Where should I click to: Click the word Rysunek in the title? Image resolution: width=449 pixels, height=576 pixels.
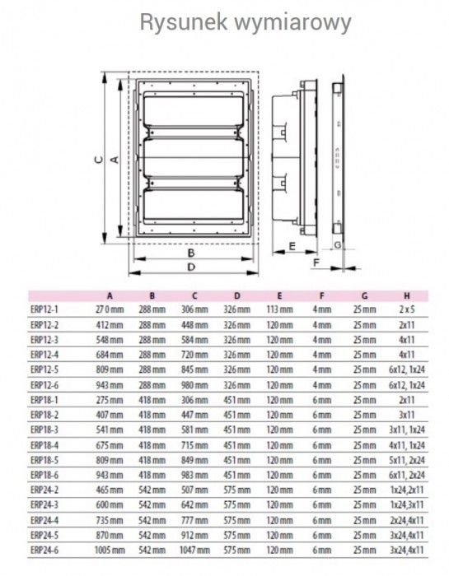coord(184,23)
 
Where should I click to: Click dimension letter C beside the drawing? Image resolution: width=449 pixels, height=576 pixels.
coord(99,160)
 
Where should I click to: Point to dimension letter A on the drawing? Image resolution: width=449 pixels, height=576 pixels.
coord(115,160)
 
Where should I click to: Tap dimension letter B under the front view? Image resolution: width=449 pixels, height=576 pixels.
coord(191,253)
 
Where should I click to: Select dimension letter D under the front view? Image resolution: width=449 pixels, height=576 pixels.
coord(191,267)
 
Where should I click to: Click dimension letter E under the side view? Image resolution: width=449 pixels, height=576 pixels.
coord(292,246)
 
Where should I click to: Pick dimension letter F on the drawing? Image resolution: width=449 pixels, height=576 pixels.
coord(316,262)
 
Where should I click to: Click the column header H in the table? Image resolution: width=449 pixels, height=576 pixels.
coord(407,295)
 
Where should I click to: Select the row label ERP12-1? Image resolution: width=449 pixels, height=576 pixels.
coord(44,309)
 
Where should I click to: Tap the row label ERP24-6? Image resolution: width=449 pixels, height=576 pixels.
coord(44,550)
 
